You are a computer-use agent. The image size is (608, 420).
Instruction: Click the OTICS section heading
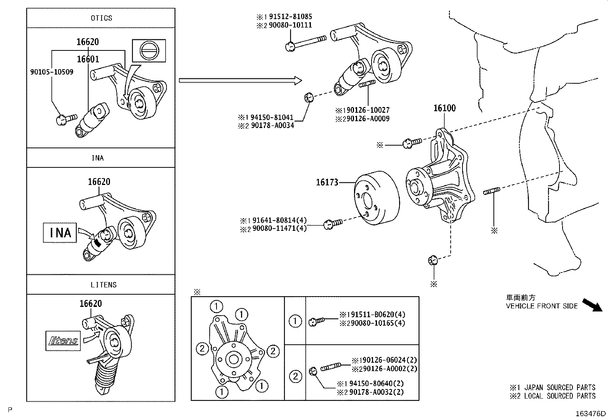click(x=102, y=18)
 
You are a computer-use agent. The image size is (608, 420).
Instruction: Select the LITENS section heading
click(x=103, y=285)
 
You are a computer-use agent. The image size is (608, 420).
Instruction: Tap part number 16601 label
click(x=88, y=59)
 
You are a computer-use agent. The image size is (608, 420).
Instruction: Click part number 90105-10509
click(x=52, y=72)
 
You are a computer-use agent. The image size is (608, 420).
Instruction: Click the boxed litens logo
click(x=63, y=341)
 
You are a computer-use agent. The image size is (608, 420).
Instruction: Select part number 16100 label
click(x=444, y=108)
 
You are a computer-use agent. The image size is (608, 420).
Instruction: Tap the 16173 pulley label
click(x=327, y=183)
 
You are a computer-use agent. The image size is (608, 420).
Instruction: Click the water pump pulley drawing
click(x=376, y=199)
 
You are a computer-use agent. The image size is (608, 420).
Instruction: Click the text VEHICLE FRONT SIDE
click(x=542, y=306)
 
